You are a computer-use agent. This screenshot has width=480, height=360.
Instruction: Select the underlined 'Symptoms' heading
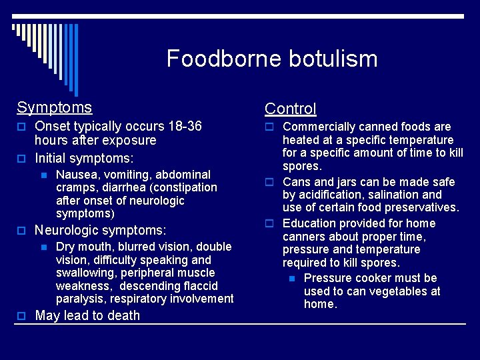pos(55,107)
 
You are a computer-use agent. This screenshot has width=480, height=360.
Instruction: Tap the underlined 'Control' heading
pos(290,109)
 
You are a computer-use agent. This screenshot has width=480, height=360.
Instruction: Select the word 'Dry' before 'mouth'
pos(66,247)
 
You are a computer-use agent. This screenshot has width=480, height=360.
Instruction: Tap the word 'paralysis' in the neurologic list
pos(81,299)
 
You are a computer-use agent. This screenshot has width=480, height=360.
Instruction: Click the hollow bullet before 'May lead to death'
pos(21,316)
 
